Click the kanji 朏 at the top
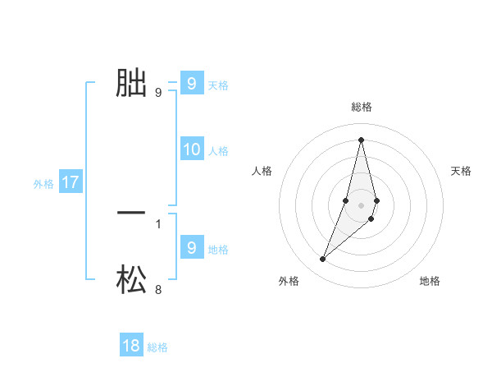coord(131,83)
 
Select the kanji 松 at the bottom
coord(131,279)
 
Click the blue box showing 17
coord(71,182)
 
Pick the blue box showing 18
coord(131,346)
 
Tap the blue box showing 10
coord(192,149)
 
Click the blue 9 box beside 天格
coord(192,84)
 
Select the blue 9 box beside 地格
coord(192,247)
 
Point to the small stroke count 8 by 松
coord(158,289)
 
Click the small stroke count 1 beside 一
coord(158,223)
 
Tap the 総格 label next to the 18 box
coord(157,347)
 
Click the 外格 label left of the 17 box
coord(43,184)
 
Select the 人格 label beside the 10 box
coord(218,151)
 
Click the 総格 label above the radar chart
coord(362,107)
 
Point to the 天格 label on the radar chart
coord(462,171)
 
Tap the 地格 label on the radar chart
coord(430,281)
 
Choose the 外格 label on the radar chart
coord(289,281)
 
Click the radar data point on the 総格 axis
coord(362,139)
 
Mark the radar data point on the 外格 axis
coord(323,260)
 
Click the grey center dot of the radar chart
coord(362,205)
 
